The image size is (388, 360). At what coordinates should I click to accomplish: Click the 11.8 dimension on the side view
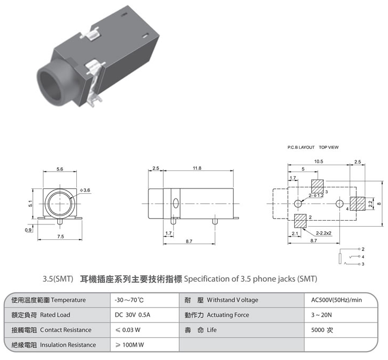pyautogui.click(x=197, y=168)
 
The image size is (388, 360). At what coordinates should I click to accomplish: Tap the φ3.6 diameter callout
pyautogui.click(x=85, y=190)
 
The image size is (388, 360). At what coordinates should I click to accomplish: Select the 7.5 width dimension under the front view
pyautogui.click(x=60, y=237)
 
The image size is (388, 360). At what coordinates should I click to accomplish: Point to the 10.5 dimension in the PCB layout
pyautogui.click(x=319, y=161)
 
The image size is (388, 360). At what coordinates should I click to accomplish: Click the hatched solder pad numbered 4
pyautogui.click(x=357, y=204)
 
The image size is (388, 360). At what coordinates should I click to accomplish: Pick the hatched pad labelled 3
pyautogui.click(x=317, y=186)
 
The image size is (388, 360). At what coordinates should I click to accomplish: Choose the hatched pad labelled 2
pyautogui.click(x=300, y=221)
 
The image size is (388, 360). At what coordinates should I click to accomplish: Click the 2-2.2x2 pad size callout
pyautogui.click(x=323, y=233)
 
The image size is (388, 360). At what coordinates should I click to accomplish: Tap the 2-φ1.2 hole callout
pyautogui.click(x=316, y=195)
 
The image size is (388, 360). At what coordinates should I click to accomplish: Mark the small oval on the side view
pyautogui.click(x=175, y=203)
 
